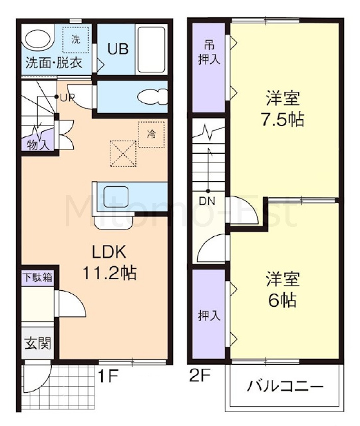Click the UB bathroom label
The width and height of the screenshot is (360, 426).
pos(118,49)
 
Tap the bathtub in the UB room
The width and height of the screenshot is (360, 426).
pos(151,49)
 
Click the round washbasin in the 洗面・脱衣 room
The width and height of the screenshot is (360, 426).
pos(39,40)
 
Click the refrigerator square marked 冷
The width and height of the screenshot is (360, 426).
pos(152,134)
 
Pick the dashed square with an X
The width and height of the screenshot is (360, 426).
pos(123,154)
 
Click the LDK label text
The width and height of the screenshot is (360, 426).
pos(109,252)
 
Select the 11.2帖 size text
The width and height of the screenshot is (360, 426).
pos(109,273)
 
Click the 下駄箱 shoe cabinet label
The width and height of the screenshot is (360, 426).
pos(38,278)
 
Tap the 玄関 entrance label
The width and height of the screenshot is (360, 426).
pos(38,343)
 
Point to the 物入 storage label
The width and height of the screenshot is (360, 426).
pos(39,145)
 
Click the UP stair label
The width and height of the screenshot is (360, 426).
pos(67,98)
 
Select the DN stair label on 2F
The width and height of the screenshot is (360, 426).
pos(207,201)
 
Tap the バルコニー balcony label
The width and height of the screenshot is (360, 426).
pos(285,386)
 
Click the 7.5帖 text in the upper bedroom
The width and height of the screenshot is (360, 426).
pos(283,120)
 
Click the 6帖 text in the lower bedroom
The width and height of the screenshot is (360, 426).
pos(283,300)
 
